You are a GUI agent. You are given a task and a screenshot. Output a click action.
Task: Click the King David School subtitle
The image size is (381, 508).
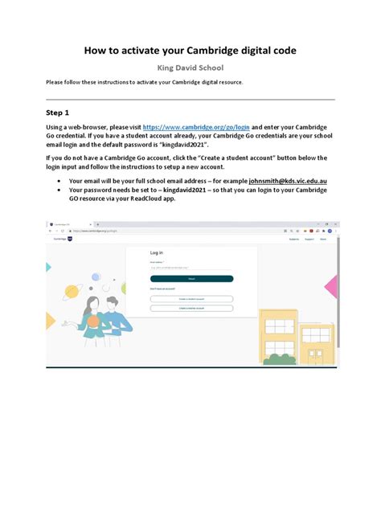pos(190,68)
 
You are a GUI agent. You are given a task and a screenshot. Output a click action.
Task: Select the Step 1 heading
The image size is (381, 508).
pos(58,113)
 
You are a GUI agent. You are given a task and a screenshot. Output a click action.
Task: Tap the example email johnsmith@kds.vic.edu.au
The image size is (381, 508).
pos(277,182)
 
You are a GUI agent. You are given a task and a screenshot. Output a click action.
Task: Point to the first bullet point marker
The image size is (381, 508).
pos(60,182)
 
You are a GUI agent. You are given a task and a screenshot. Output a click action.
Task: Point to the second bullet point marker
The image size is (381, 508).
pos(60,190)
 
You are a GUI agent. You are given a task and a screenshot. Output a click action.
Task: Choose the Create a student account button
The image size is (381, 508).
pos(191,298)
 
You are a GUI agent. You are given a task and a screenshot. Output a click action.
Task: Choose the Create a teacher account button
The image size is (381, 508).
pos(191,308)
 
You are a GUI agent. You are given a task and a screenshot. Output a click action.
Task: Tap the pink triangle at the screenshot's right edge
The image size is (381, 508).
pos(330,287)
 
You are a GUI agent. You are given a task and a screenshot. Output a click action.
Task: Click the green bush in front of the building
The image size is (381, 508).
pos(280,356)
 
